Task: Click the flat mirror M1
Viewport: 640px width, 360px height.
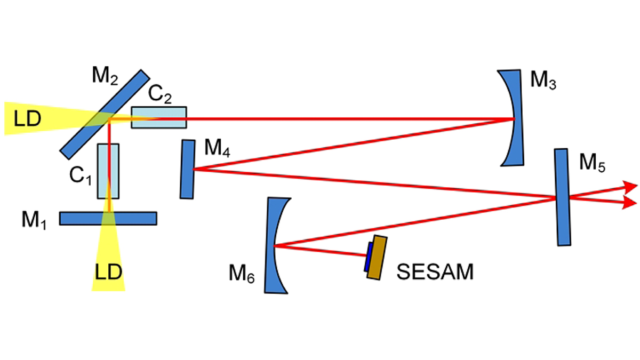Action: pyautogui.click(x=80, y=218)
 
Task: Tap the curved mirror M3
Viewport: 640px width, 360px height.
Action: pyautogui.click(x=512, y=117)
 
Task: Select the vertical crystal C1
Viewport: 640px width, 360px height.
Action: pyautogui.click(x=108, y=171)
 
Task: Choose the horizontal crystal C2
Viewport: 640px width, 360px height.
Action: pyautogui.click(x=159, y=117)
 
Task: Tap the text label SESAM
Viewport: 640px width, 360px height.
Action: pyautogui.click(x=435, y=273)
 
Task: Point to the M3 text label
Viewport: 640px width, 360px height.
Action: pyautogui.click(x=543, y=81)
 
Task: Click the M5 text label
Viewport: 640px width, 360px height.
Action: pyautogui.click(x=593, y=163)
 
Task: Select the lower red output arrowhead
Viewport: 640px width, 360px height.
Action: pyautogui.click(x=630, y=202)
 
